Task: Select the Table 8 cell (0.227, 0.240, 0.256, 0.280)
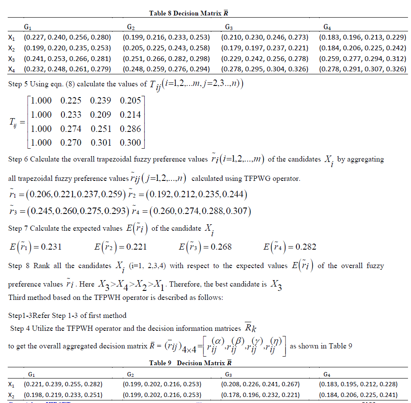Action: coord(67,37)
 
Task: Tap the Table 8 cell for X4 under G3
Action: coord(265,69)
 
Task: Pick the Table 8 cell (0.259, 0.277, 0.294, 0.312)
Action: coord(362,58)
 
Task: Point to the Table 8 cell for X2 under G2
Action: coord(166,48)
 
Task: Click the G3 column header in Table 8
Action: coord(229,27)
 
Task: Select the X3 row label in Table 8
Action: coord(12,59)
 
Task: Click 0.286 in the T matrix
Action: coord(131,128)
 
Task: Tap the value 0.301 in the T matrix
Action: coord(101,142)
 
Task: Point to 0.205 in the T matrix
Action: coord(131,101)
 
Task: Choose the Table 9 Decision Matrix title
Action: coord(191,363)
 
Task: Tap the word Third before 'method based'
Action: coord(17,297)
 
